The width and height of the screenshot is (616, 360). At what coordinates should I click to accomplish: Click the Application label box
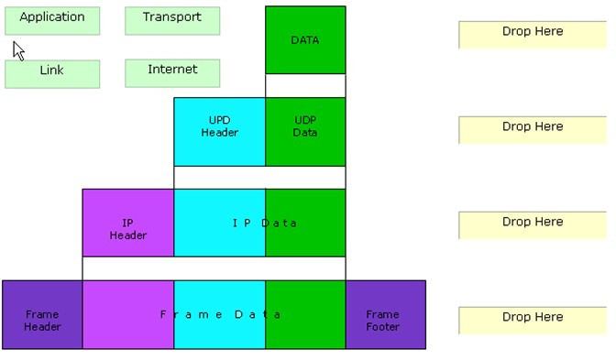click(52, 21)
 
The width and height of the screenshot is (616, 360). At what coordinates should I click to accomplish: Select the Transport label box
click(172, 21)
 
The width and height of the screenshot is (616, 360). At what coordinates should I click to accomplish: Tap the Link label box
click(52, 74)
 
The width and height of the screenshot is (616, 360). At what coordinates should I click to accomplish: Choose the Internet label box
click(172, 73)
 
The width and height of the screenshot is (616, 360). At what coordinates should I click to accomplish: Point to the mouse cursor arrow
click(18, 51)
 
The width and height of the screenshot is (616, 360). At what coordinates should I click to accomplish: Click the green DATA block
click(305, 40)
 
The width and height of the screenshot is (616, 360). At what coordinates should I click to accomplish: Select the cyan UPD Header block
click(220, 132)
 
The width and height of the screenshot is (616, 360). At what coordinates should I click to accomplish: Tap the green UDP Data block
click(305, 132)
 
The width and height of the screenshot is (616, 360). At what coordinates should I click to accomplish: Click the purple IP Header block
click(128, 223)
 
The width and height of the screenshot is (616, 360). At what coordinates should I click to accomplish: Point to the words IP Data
click(264, 224)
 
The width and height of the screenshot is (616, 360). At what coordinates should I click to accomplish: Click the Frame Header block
click(42, 315)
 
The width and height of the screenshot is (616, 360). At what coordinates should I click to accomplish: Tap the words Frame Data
click(220, 315)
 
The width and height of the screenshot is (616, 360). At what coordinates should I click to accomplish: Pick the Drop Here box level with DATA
click(533, 35)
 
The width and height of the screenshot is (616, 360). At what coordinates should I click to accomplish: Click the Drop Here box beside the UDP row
click(533, 130)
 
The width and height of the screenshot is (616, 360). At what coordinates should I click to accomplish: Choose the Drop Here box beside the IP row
click(533, 225)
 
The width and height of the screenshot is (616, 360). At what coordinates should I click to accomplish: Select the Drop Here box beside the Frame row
click(533, 321)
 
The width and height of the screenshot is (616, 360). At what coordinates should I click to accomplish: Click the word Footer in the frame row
click(382, 327)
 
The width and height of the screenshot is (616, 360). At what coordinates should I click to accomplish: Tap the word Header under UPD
click(220, 133)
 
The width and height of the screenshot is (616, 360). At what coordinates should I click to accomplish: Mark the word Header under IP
click(128, 235)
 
